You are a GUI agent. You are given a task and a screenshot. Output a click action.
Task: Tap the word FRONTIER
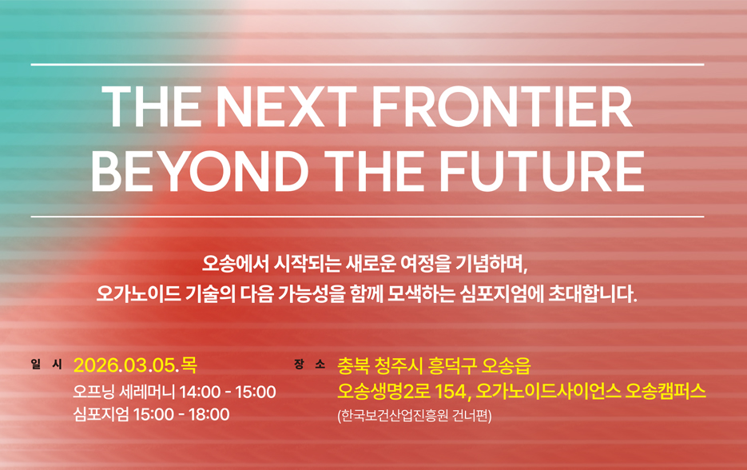(x=503, y=107)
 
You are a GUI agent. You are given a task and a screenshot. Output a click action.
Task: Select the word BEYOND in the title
(x=200, y=170)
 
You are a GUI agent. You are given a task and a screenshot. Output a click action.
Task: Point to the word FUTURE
(x=542, y=170)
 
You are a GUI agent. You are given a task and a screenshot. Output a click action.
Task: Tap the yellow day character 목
(x=189, y=365)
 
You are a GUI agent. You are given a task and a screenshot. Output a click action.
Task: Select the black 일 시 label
(x=46, y=364)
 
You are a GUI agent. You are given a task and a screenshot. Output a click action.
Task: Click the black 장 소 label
(x=310, y=364)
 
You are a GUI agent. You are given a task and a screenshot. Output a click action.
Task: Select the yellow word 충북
(x=353, y=365)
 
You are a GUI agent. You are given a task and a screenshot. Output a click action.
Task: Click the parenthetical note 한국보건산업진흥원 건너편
(x=414, y=416)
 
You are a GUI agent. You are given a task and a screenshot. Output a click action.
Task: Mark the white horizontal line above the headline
(x=368, y=65)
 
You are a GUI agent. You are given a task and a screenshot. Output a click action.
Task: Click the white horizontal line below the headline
(x=368, y=217)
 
